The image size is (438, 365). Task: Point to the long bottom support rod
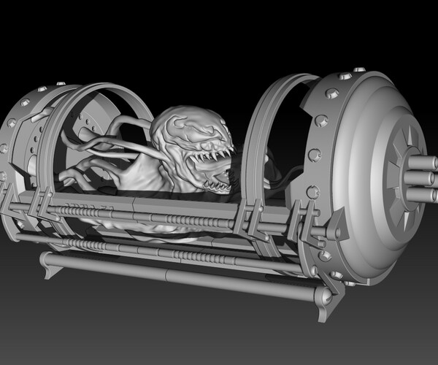[182, 276]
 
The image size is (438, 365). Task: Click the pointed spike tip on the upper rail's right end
[338, 231]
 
